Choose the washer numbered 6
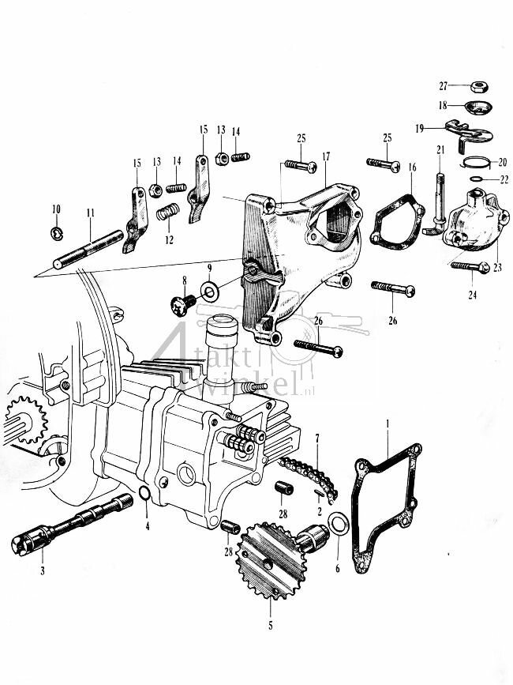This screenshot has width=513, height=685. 339,524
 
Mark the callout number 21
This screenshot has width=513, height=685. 440,149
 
